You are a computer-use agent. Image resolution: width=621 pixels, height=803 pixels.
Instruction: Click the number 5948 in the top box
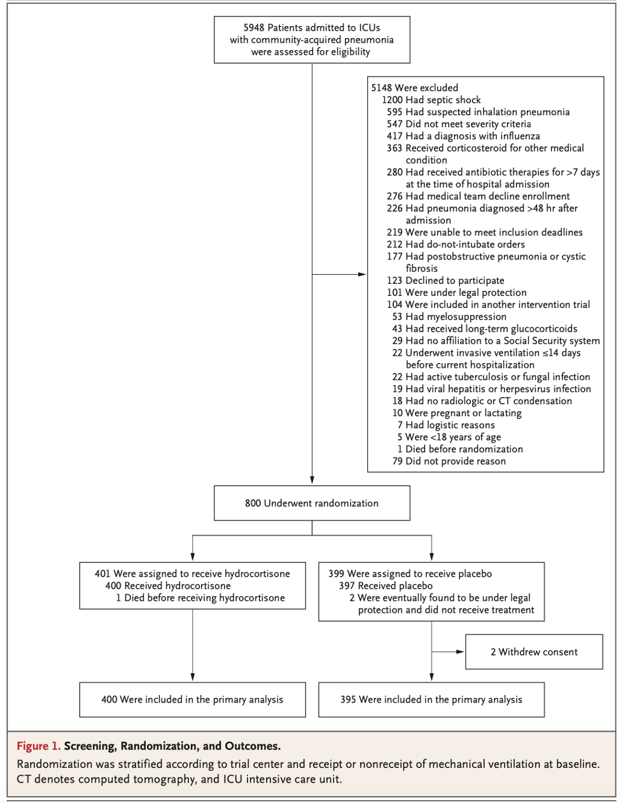pos(254,28)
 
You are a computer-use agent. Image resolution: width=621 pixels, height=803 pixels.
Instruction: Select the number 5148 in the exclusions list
pos(382,88)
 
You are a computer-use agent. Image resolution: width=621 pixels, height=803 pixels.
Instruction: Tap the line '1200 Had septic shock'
pos(431,100)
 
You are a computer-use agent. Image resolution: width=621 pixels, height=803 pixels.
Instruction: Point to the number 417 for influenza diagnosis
pos(394,136)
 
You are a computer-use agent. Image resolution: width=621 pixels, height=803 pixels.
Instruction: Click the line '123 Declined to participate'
pos(445,281)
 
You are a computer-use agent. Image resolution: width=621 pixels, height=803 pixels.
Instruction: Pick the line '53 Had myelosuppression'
pos(449,317)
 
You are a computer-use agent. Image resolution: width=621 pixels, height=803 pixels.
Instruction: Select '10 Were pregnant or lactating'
pos(457,413)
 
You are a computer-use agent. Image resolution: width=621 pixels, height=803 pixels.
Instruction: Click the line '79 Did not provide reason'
pos(449,461)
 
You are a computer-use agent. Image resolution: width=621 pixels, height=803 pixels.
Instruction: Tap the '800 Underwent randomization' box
pos(312,503)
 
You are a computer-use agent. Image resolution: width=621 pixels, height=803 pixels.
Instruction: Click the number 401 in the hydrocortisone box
pos(102,573)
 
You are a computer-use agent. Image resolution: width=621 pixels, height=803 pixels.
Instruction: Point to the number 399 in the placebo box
pos(336,573)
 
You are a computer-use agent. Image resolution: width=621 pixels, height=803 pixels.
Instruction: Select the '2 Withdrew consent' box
pos(534,652)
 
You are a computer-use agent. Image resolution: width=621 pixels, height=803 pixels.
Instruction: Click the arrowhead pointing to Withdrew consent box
pos(460,652)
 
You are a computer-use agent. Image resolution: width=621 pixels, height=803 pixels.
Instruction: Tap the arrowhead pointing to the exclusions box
pos(362,274)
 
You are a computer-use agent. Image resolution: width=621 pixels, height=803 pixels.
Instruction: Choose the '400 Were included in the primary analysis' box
pos(192,699)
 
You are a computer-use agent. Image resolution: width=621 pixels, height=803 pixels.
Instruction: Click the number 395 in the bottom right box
pos(348,699)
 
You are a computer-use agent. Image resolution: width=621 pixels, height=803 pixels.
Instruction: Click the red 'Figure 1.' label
pos(38,746)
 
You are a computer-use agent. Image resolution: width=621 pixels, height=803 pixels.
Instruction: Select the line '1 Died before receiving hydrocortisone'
pos(200,598)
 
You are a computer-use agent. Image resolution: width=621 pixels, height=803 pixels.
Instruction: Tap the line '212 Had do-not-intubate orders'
pos(456,244)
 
